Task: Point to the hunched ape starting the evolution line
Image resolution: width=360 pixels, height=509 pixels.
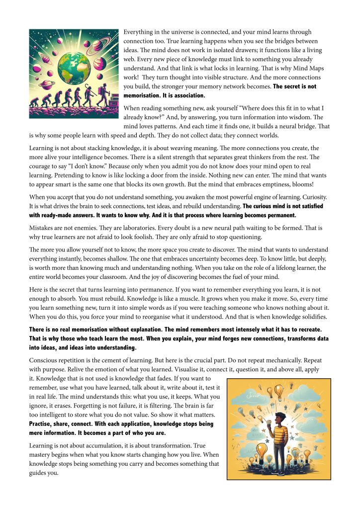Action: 35,102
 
